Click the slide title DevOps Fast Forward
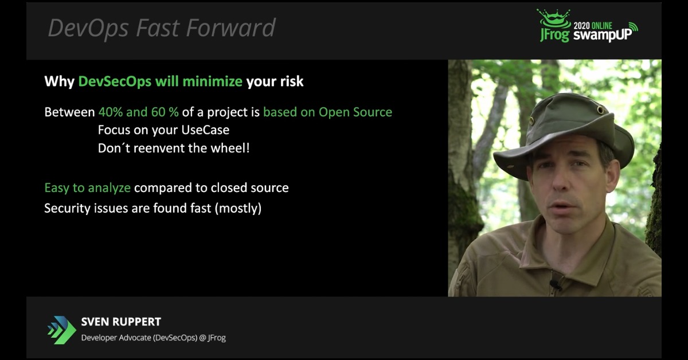(162, 28)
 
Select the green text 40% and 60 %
(138, 112)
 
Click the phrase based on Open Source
(327, 112)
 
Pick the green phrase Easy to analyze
(87, 187)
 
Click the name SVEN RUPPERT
(121, 322)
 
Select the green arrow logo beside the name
(61, 329)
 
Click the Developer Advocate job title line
(153, 338)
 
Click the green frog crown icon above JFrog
(553, 18)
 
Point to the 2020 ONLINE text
(593, 25)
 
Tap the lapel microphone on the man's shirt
(554, 283)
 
